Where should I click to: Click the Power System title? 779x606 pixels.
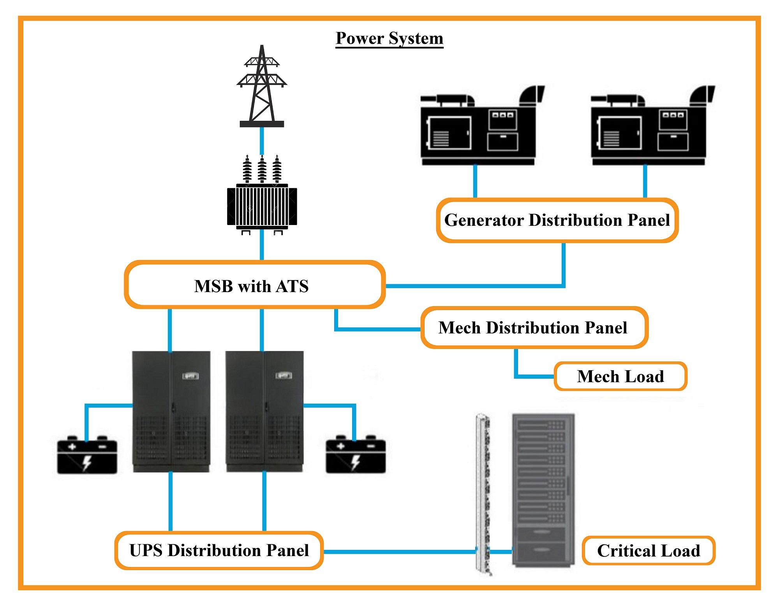pyautogui.click(x=389, y=38)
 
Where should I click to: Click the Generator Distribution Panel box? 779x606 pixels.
pyautogui.click(x=557, y=220)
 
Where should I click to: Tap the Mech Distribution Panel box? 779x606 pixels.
pyautogui.click(x=534, y=328)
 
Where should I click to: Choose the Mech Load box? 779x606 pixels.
pyautogui.click(x=620, y=376)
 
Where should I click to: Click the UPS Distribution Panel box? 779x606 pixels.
pyautogui.click(x=219, y=550)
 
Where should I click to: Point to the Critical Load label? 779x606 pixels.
pyautogui.click(x=649, y=551)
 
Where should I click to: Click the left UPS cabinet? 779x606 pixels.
pyautogui.click(x=171, y=411)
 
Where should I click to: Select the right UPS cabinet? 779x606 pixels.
pyautogui.click(x=264, y=411)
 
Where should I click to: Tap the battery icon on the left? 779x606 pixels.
pyautogui.click(x=87, y=455)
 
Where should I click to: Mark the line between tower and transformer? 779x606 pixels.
pyautogui.click(x=262, y=140)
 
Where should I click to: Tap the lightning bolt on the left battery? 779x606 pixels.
pyautogui.click(x=87, y=462)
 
